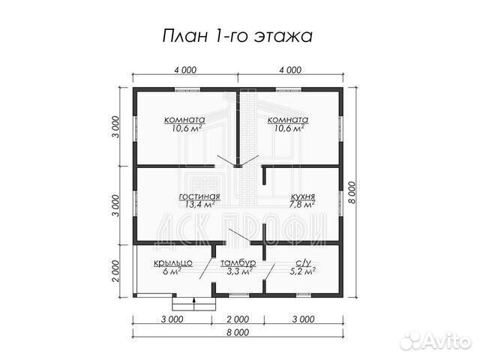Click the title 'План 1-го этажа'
click(237, 35)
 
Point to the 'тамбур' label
click(238, 262)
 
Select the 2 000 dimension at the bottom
click(238, 319)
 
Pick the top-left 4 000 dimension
click(185, 70)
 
